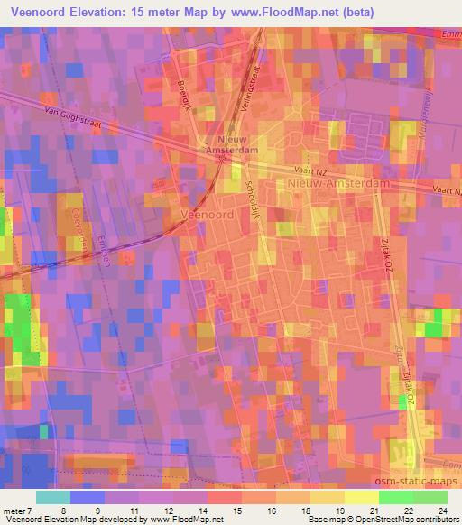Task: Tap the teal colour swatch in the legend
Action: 53,496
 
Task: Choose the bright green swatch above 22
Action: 395,496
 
